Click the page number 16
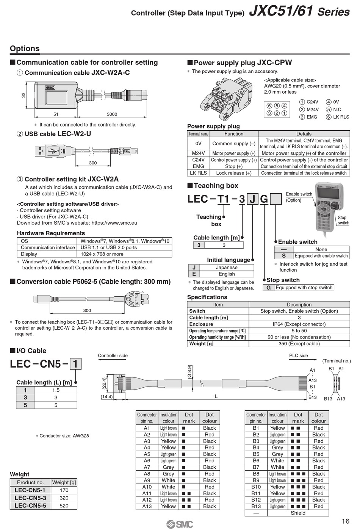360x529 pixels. point(345,521)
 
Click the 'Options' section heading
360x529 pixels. point(25,49)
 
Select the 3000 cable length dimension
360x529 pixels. point(112,114)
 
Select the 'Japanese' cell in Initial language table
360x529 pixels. point(227,267)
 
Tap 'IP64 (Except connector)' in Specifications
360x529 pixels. point(299,324)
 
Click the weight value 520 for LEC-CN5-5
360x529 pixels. point(64,506)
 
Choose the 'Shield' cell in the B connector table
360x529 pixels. point(298,513)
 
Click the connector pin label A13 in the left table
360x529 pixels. point(147,506)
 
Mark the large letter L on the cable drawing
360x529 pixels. point(216,396)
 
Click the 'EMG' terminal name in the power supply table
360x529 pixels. point(198,166)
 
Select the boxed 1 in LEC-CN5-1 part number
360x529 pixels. point(75,364)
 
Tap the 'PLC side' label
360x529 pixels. point(299,355)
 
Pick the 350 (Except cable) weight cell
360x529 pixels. point(299,344)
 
